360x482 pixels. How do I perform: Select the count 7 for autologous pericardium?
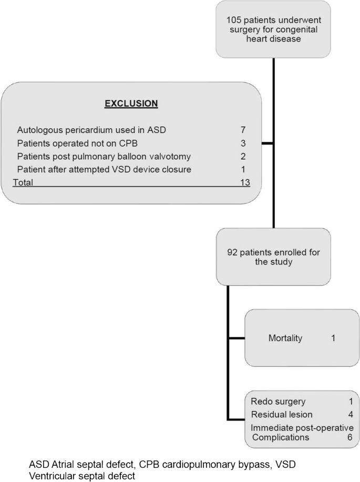coord(243,129)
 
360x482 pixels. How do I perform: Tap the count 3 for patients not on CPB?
coord(243,143)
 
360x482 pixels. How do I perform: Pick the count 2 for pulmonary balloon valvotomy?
coord(243,156)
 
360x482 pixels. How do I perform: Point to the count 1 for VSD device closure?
coord(243,169)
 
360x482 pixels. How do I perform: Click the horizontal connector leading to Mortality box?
coord(236,338)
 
